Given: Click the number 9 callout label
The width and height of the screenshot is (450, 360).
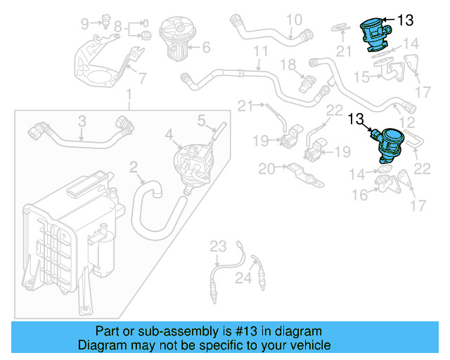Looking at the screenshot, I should pyautogui.click(x=85, y=24).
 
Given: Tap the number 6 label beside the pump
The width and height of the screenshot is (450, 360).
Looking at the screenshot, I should pyautogui.click(x=207, y=49).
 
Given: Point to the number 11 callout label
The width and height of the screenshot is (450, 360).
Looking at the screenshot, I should pyautogui.click(x=261, y=51).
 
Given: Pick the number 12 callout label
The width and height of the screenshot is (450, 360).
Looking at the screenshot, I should pyautogui.click(x=407, y=123).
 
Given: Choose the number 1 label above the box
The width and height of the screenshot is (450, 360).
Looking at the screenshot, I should pyautogui.click(x=129, y=95).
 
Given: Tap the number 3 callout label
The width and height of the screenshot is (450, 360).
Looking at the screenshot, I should pyautogui.click(x=82, y=121).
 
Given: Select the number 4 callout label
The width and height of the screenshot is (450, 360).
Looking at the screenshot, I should pyautogui.click(x=169, y=133).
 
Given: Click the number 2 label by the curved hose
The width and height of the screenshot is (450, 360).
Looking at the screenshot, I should pyautogui.click(x=133, y=167).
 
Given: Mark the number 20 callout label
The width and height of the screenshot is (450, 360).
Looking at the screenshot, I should pyautogui.click(x=266, y=169).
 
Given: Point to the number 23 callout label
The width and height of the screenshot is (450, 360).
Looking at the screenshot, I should pyautogui.click(x=219, y=245).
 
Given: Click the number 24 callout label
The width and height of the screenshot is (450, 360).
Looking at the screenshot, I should pyautogui.click(x=243, y=279).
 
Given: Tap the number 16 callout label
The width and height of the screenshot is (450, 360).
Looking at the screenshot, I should pyautogui.click(x=360, y=195).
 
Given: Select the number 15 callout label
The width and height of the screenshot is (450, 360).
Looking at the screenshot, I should pyautogui.click(x=361, y=76).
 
